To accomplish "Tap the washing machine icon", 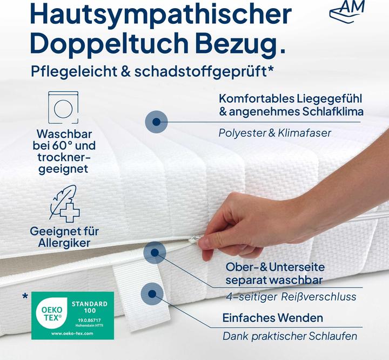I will [x=64, y=108].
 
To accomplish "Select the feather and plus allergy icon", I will [x=64, y=204].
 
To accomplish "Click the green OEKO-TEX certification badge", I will [x=73, y=315].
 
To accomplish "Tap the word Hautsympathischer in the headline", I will [x=147, y=15].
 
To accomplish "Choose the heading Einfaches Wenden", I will [x=273, y=317].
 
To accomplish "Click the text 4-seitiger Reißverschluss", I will [x=291, y=297].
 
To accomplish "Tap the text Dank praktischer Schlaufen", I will [x=290, y=336].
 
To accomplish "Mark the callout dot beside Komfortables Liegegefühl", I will [x=156, y=122].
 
